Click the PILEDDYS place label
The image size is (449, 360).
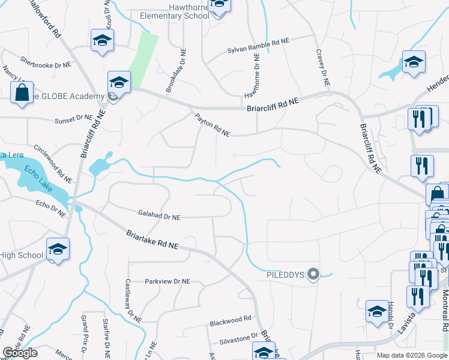pyautogui.click(x=286, y=275)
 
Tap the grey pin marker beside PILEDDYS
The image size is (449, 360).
pyautogui.click(x=313, y=275)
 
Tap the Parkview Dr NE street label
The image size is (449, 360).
pyautogui.click(x=167, y=281)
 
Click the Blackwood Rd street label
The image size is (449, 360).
pyautogui.click(x=230, y=322)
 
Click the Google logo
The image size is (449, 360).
pyautogui.click(x=20, y=353)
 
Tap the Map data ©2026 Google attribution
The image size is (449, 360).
pyautogui.click(x=411, y=355)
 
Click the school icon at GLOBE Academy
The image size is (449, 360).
pyautogui.click(x=119, y=82)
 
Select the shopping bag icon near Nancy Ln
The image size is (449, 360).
pyautogui.click(x=22, y=94)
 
